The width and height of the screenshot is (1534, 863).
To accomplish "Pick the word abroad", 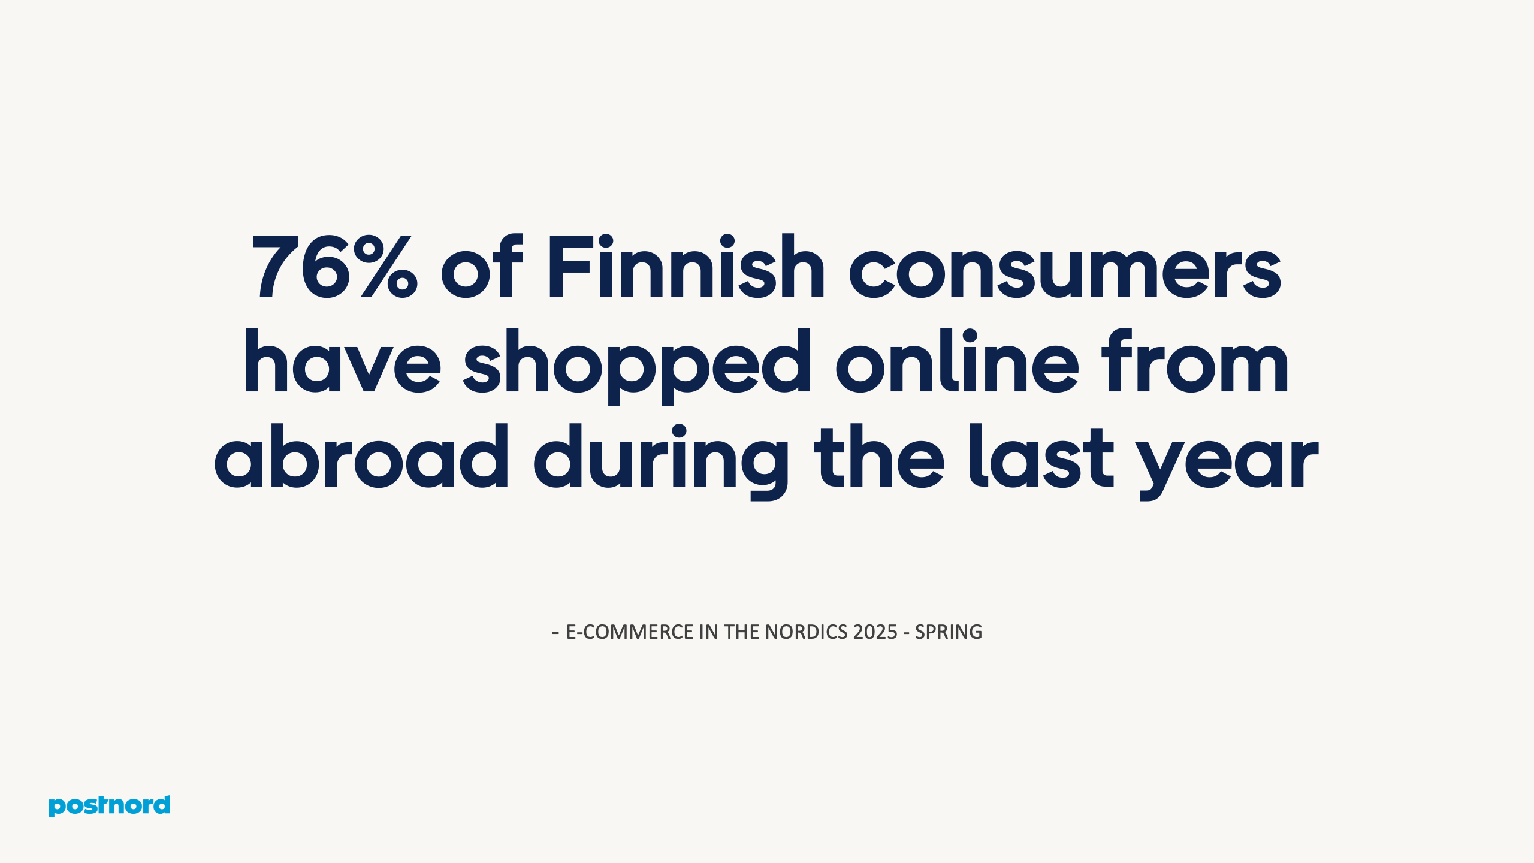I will [x=361, y=457].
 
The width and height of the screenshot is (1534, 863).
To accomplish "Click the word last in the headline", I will [x=1041, y=457].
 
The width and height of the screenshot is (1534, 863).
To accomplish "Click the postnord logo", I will [x=110, y=805].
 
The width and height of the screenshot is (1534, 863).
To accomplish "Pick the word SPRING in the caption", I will [x=948, y=632].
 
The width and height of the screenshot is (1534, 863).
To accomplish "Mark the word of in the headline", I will [x=482, y=267].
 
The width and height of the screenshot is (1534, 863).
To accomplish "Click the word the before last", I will [x=879, y=457].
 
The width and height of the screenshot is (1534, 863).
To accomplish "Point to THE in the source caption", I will [x=742, y=632].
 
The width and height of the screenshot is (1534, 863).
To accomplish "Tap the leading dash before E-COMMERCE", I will [x=555, y=632].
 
